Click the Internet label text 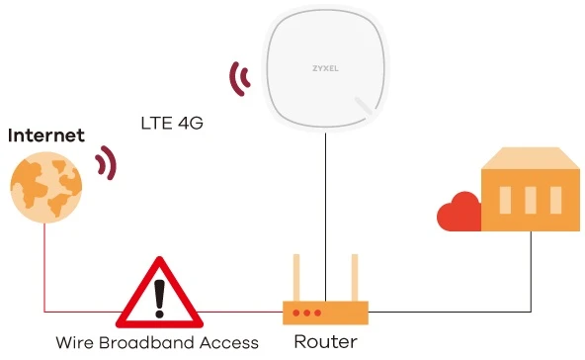click(45, 135)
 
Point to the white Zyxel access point click(326, 73)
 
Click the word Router click(325, 342)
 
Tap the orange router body click(325, 312)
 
